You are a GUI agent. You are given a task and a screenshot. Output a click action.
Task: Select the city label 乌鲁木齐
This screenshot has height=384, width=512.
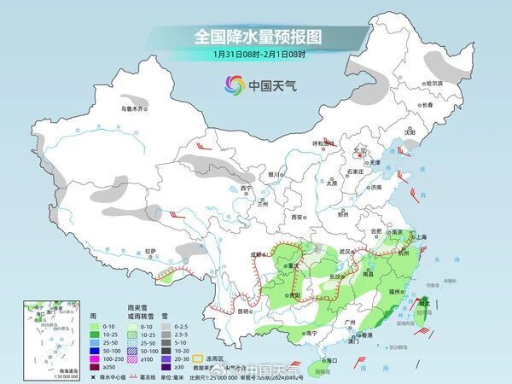pos(134,108)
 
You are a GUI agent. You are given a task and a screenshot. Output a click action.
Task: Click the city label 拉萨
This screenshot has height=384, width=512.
pos(150,251)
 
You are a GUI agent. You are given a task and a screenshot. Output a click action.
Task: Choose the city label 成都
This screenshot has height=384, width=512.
pos(258,253)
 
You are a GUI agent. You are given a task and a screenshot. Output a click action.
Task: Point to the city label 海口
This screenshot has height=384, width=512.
pos(330,361)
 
